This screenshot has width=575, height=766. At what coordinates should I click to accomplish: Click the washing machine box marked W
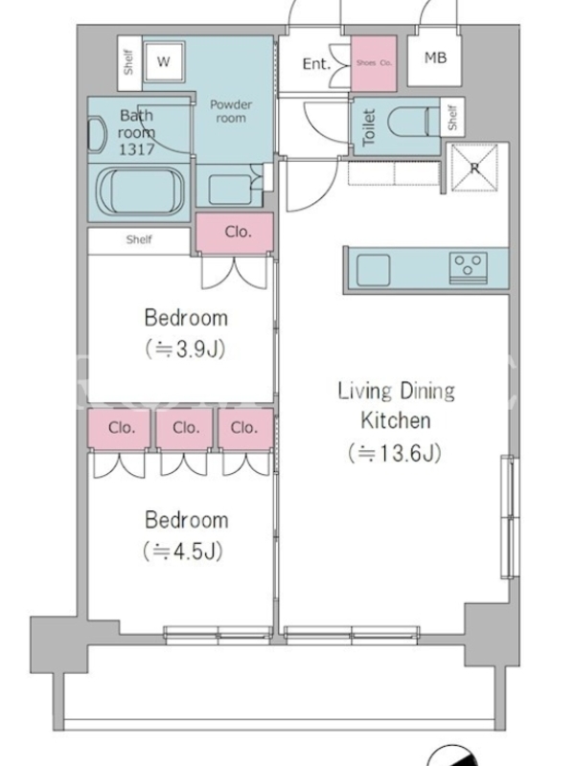(164, 61)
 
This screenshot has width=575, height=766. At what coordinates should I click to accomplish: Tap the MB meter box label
(435, 57)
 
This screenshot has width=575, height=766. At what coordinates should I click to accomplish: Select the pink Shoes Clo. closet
(374, 63)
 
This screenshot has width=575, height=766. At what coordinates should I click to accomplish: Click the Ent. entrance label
(316, 63)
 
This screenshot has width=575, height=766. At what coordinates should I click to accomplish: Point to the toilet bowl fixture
(410, 122)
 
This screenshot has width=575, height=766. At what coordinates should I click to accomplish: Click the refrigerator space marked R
(473, 168)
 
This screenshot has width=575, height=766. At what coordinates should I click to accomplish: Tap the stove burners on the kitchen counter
(469, 268)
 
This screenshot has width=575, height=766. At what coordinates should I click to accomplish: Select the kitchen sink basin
(373, 270)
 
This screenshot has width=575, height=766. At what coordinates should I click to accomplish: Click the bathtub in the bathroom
(141, 191)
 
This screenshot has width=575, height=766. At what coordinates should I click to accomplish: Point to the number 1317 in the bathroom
(137, 149)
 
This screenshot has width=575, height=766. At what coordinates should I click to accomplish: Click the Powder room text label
(231, 111)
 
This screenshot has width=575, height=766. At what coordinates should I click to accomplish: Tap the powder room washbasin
(230, 190)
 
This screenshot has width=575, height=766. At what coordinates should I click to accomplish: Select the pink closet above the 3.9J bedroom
(235, 233)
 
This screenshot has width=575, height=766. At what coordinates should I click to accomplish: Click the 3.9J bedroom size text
(185, 349)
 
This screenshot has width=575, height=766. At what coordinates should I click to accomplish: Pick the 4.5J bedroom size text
(183, 552)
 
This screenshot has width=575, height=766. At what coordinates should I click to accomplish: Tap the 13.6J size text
(395, 453)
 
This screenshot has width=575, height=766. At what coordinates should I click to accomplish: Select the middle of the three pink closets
(185, 428)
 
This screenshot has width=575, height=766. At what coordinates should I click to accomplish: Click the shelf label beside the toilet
(452, 117)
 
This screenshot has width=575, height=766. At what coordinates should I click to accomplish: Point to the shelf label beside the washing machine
(128, 62)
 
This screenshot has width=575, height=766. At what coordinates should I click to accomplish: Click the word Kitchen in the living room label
(396, 420)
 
